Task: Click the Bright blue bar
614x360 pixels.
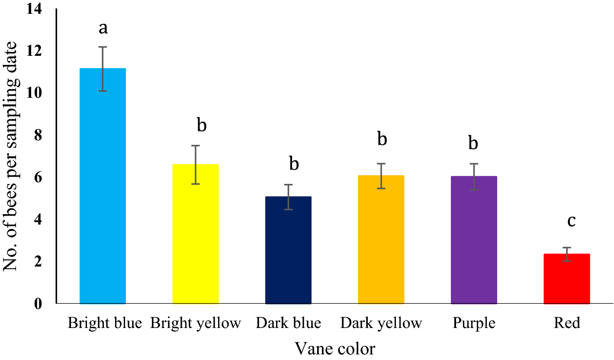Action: (103, 186)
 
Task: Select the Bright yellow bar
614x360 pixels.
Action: (196, 234)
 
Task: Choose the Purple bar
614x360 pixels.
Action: (474, 240)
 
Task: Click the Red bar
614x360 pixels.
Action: (567, 279)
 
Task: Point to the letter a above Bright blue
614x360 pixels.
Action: (103, 28)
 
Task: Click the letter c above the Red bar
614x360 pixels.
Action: (571, 221)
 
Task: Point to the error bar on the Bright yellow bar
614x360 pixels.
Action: (196, 164)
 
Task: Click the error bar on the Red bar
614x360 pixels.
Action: (567, 254)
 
